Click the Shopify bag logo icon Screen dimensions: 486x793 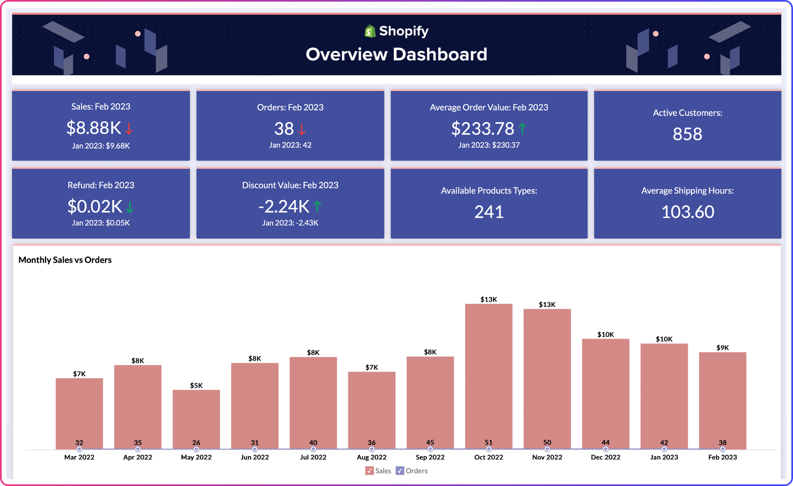pyautogui.click(x=370, y=31)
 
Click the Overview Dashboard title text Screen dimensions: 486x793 pyautogui.click(x=396, y=55)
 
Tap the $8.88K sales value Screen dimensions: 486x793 pyautogui.click(x=94, y=128)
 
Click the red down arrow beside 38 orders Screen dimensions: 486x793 pyautogui.click(x=302, y=129)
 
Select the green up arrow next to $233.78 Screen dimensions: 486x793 pyautogui.click(x=522, y=129)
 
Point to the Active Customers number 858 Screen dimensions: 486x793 pyautogui.click(x=687, y=134)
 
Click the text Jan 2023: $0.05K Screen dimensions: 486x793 pyautogui.click(x=101, y=223)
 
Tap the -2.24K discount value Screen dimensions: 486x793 pyautogui.click(x=284, y=206)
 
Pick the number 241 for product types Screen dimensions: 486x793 pyautogui.click(x=489, y=212)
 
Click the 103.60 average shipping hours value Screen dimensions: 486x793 pyautogui.click(x=687, y=212)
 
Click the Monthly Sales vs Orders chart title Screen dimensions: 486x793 pyautogui.click(x=65, y=260)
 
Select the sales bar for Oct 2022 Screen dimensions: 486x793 pyautogui.click(x=489, y=372)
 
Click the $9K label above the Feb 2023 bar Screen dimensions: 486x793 pyautogui.click(x=722, y=348)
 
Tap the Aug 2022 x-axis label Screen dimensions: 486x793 pyautogui.click(x=371, y=457)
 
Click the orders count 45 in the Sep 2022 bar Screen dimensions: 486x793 pyautogui.click(x=430, y=443)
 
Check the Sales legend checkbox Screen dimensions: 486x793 pyautogui.click(x=369, y=471)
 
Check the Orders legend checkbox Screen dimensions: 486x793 pyautogui.click(x=400, y=471)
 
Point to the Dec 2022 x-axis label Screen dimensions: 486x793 pyautogui.click(x=605, y=457)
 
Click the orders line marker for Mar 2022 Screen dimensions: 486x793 pyautogui.click(x=79, y=449)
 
